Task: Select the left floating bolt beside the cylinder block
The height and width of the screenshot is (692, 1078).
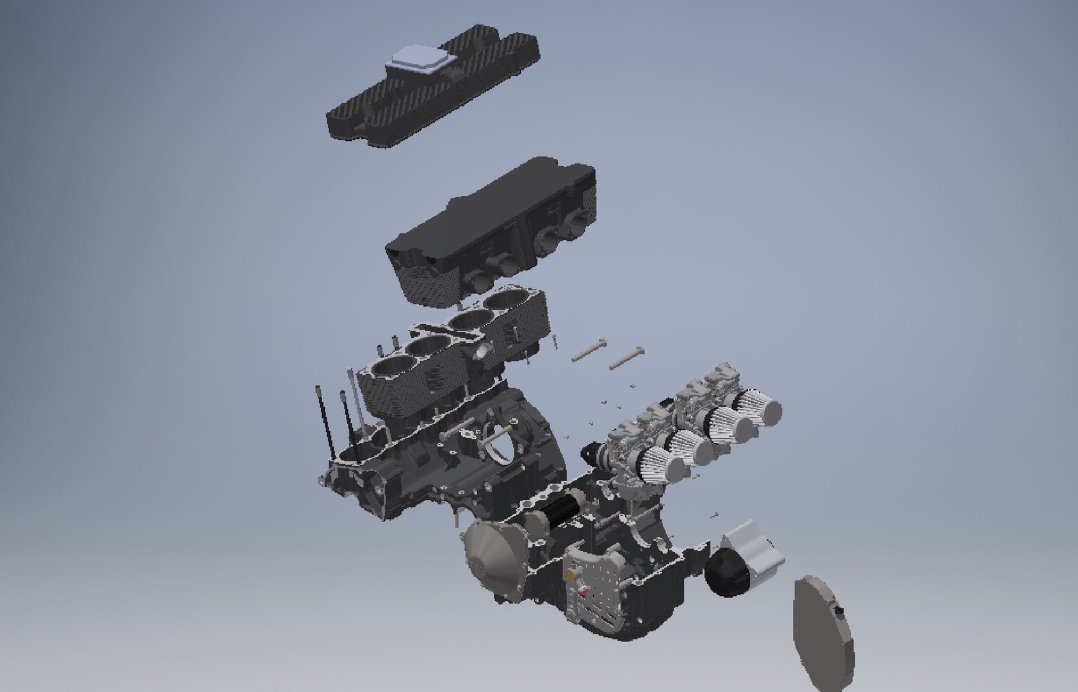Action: click(588, 350)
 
